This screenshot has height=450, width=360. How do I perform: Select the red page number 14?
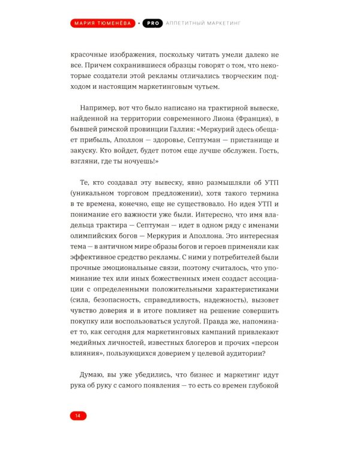click(78, 415)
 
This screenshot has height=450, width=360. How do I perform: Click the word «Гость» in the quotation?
click(266, 157)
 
